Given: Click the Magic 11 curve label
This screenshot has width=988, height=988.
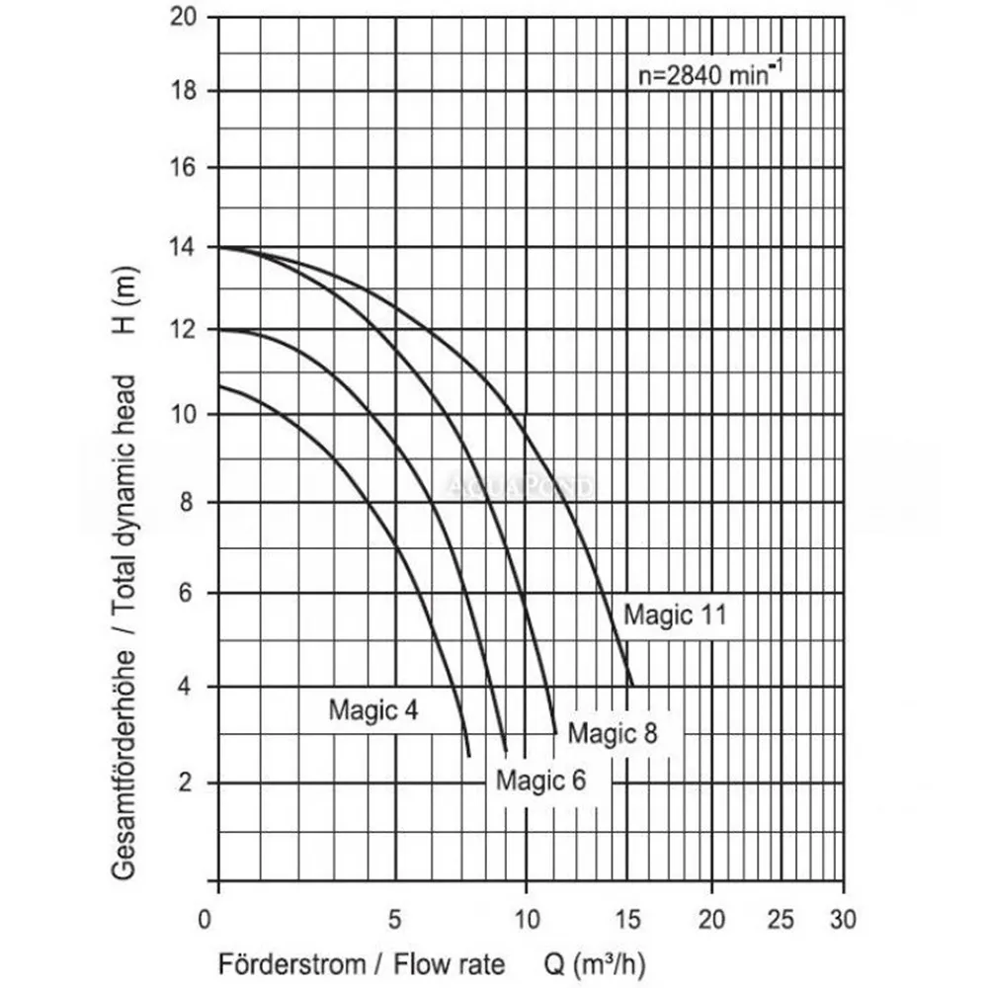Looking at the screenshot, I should pyautogui.click(x=675, y=615).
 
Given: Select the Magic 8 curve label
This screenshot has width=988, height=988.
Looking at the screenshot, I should pyautogui.click(x=613, y=732).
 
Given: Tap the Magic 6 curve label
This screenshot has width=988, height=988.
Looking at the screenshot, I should pyautogui.click(x=540, y=780).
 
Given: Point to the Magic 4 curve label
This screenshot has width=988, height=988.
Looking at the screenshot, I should pyautogui.click(x=373, y=708).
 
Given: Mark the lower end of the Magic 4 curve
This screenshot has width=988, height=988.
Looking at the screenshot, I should pyautogui.click(x=468, y=756).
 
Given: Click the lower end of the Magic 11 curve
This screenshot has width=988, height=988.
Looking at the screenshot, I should pyautogui.click(x=631, y=685).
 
